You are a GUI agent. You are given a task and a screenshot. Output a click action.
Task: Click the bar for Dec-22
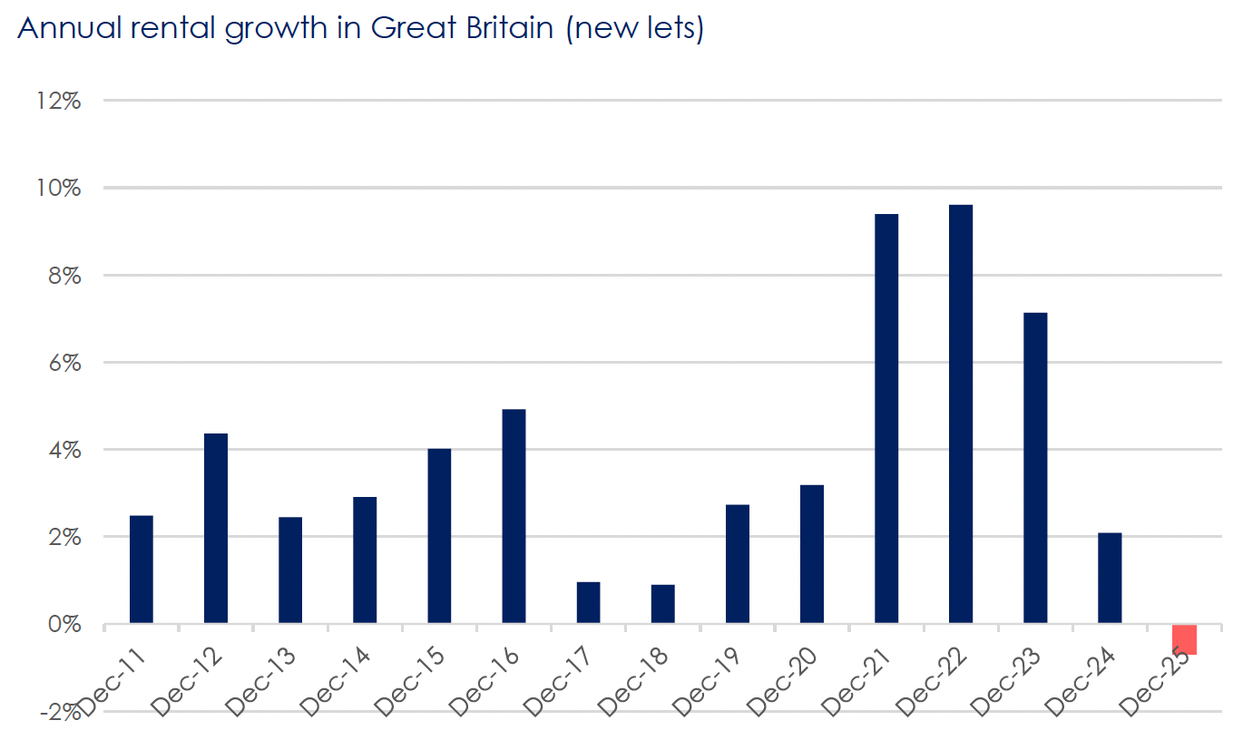961,414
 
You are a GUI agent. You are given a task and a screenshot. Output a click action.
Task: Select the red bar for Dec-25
1184,639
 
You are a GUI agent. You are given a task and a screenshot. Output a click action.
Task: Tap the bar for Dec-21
886,418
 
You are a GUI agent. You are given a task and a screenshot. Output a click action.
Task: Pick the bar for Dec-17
588,603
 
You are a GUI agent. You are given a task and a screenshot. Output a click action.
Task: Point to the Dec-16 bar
514,516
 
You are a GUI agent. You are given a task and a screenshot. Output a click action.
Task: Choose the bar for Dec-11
142,570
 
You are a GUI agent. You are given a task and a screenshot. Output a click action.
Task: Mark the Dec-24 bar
1110,579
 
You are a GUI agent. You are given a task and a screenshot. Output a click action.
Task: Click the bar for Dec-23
1035,468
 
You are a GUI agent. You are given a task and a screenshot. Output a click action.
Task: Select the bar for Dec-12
216,529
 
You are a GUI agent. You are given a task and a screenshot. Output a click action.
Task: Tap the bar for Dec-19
738,564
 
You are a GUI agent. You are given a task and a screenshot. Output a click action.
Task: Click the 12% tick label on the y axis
60,101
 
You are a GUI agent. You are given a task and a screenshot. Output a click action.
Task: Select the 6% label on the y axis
64,363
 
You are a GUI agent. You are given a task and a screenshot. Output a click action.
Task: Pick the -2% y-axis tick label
60,713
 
